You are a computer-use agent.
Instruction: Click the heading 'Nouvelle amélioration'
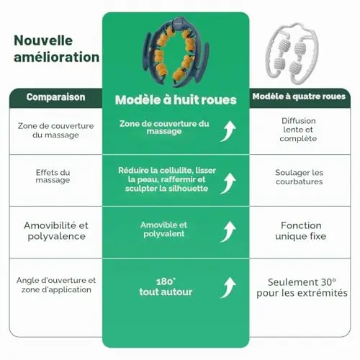tap(56, 49)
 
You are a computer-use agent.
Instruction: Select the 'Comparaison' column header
tap(55, 97)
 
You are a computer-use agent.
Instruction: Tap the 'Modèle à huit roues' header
tap(176, 100)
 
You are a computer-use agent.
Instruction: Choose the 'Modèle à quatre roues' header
tap(299, 96)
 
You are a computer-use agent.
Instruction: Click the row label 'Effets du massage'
tap(53, 176)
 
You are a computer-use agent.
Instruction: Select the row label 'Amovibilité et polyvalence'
tap(56, 230)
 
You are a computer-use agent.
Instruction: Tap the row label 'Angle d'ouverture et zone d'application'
tap(56, 285)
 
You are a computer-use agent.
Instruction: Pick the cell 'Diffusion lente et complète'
tap(298, 130)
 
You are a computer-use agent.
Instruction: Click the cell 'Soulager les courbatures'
tap(299, 177)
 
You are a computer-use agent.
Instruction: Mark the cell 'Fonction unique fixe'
tap(301, 230)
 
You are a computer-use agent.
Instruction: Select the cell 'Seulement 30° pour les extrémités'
tap(302, 287)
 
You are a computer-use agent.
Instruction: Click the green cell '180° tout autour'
tap(166, 287)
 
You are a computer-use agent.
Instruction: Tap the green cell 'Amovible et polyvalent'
tap(164, 229)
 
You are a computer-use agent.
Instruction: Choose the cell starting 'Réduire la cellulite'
tap(167, 179)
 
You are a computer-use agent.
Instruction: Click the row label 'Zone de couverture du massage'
tap(55, 130)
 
